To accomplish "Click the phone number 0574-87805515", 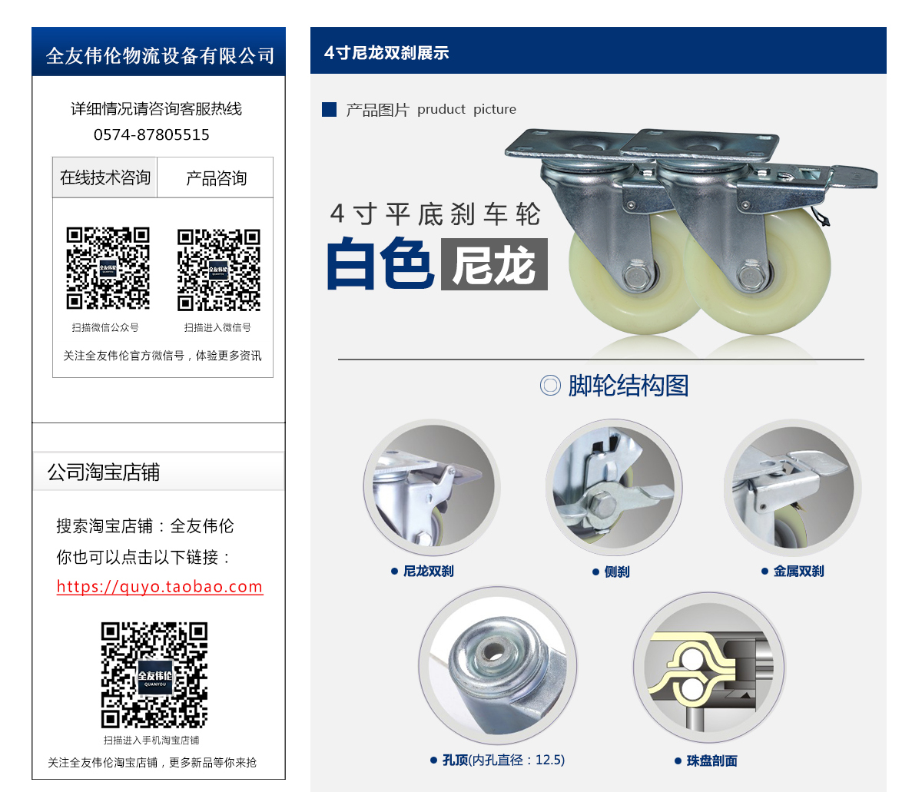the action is [x=151, y=134].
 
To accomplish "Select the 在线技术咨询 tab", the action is [x=104, y=177].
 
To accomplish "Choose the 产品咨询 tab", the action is [x=215, y=177].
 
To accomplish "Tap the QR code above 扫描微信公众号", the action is [x=108, y=268].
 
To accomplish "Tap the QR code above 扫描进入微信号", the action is [x=218, y=270].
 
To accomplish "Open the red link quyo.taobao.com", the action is [x=160, y=586].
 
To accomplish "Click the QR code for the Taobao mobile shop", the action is [x=154, y=674].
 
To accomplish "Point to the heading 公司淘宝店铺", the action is [x=104, y=472].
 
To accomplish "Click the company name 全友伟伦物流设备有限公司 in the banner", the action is [x=160, y=56].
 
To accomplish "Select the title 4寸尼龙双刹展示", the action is [x=386, y=53].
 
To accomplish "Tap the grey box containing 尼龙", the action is [x=494, y=264].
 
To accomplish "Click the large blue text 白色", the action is [x=380, y=264].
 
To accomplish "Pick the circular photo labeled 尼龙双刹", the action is [x=431, y=487].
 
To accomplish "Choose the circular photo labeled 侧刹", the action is [x=614, y=487].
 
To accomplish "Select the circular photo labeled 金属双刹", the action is [x=793, y=487].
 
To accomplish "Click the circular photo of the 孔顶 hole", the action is [x=498, y=665].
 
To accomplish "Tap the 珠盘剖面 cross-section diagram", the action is [x=709, y=668].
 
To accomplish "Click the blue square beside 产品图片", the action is [x=329, y=109].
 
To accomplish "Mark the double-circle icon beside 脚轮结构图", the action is [x=550, y=386].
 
